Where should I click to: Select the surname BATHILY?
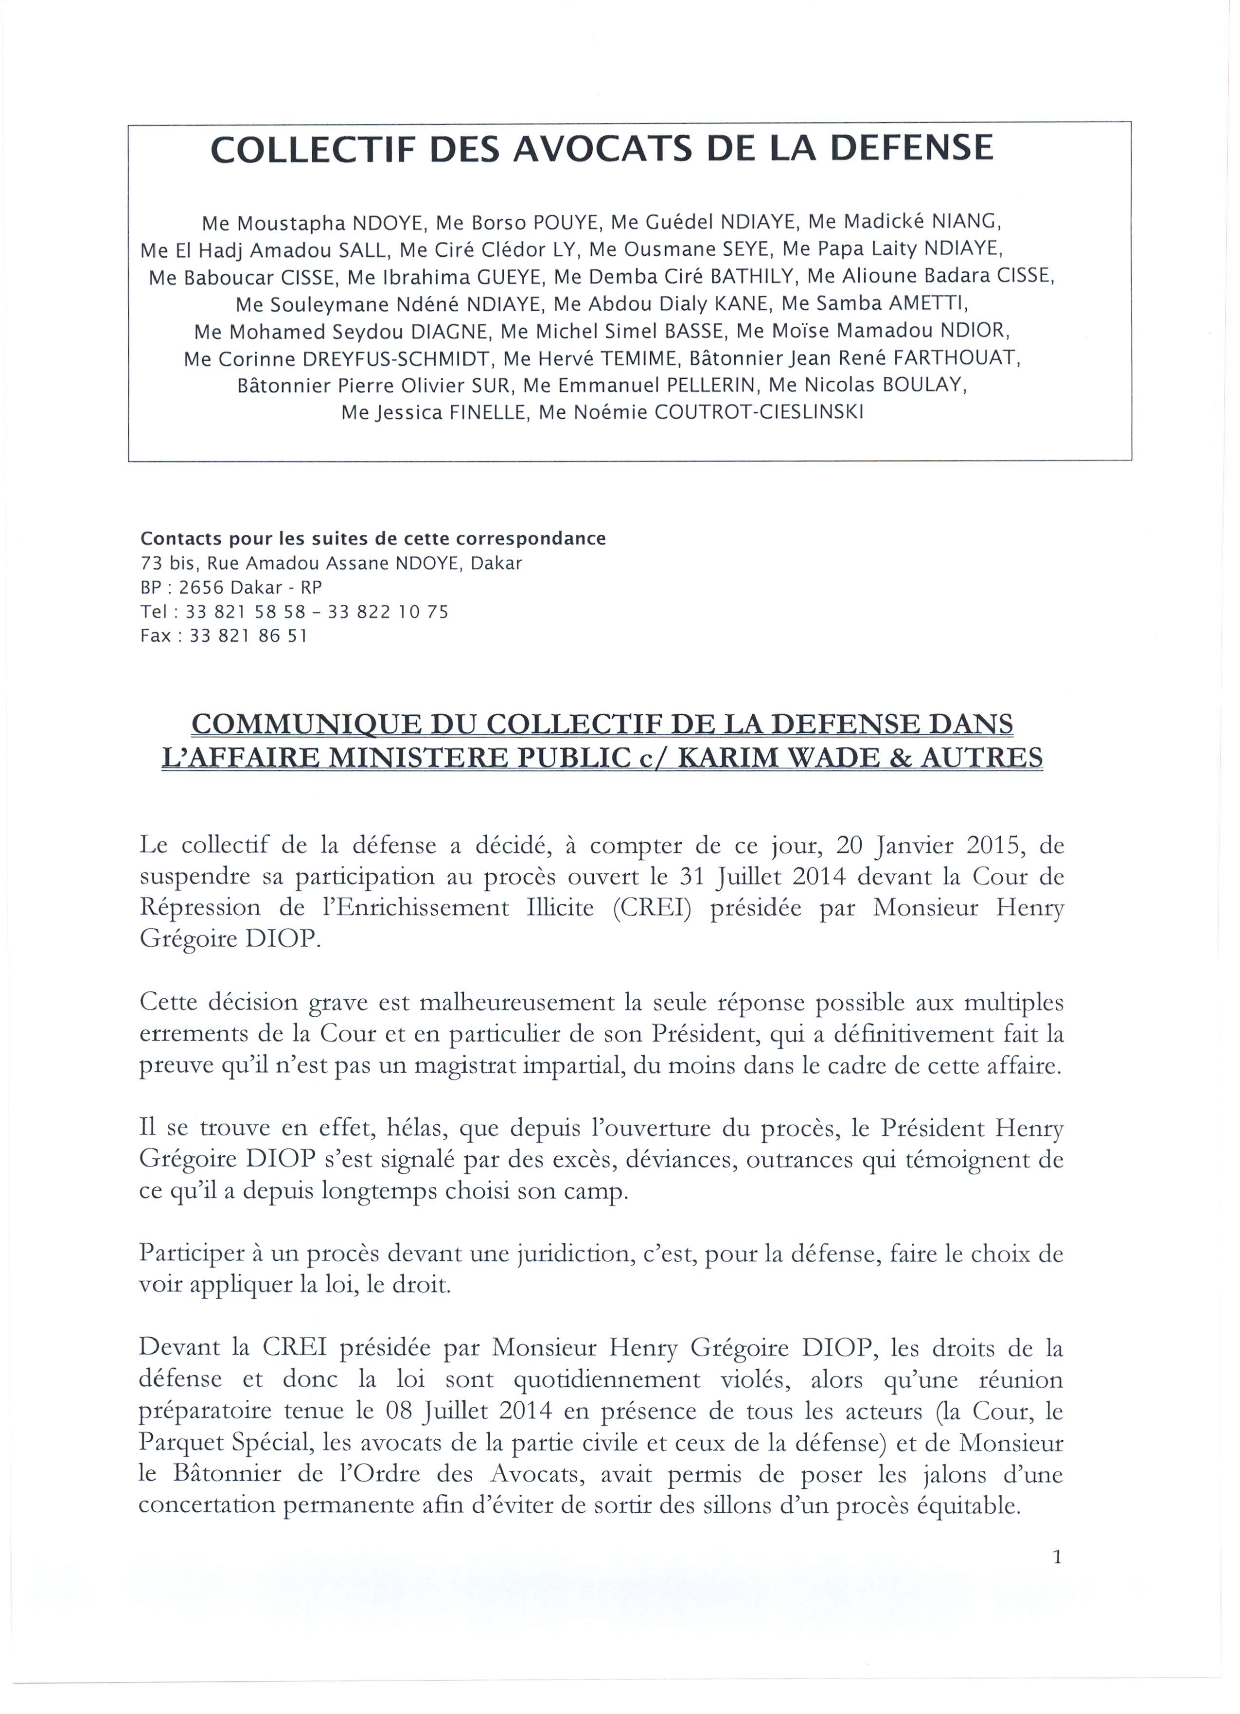pos(755,277)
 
